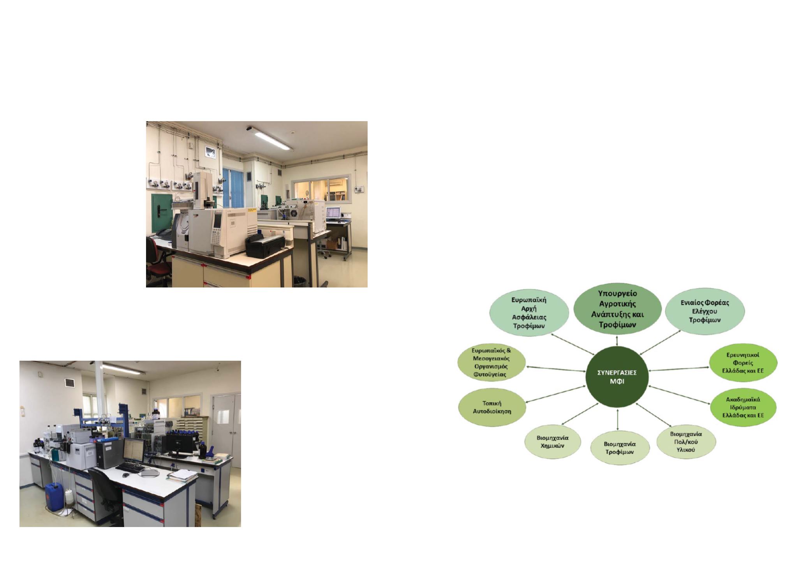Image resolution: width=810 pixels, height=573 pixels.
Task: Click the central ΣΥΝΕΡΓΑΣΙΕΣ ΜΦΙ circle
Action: pyautogui.click(x=617, y=377)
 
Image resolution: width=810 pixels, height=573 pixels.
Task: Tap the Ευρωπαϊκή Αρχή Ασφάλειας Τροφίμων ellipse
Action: pyautogui.click(x=529, y=313)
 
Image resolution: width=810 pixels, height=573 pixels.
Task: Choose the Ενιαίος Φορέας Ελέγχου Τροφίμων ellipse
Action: pyautogui.click(x=705, y=311)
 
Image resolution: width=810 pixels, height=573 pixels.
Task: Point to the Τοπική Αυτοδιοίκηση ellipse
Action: pyautogui.click(x=492, y=407)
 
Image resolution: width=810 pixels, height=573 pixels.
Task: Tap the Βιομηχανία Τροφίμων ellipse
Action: pyautogui.click(x=619, y=448)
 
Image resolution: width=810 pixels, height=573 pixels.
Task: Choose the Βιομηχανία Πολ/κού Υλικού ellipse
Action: pyautogui.click(x=686, y=442)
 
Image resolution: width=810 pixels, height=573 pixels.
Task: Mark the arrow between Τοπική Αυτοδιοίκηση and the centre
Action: pyautogui.click(x=556, y=394)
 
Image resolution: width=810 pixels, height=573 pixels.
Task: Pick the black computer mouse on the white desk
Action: pyautogui.click(x=125, y=475)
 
